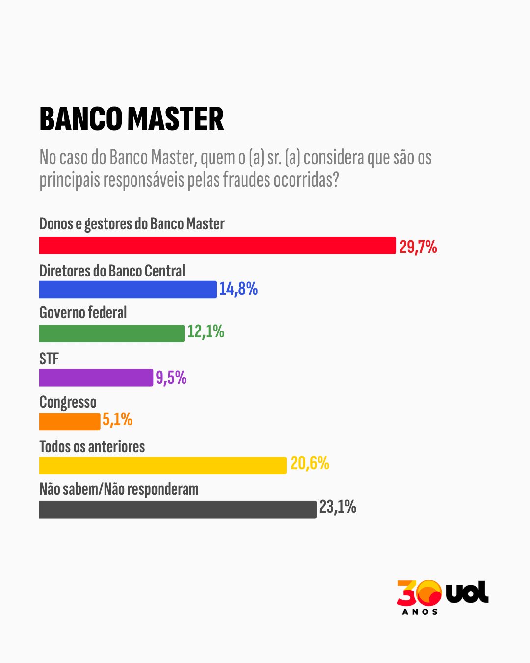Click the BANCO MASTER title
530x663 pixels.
(x=132, y=119)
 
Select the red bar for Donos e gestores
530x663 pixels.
(x=217, y=246)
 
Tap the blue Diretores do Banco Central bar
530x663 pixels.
(x=128, y=289)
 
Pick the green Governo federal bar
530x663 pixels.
(x=111, y=333)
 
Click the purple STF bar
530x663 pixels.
(x=96, y=378)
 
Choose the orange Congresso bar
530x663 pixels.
(x=70, y=421)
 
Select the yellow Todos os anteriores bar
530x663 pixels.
(x=162, y=466)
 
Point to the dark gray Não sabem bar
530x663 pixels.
(x=178, y=509)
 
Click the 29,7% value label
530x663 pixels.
(x=418, y=247)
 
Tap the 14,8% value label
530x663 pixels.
(x=238, y=289)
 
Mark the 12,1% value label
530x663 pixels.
(x=206, y=332)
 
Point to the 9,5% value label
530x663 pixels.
(x=171, y=378)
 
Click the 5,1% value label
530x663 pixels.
(x=117, y=420)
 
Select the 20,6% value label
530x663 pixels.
(x=310, y=463)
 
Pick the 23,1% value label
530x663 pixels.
(x=338, y=507)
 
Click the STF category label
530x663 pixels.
(x=49, y=359)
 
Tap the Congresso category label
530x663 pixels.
(x=68, y=402)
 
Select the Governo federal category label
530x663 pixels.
(x=83, y=313)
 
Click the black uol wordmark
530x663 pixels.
(x=467, y=592)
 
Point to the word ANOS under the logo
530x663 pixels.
(x=420, y=612)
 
